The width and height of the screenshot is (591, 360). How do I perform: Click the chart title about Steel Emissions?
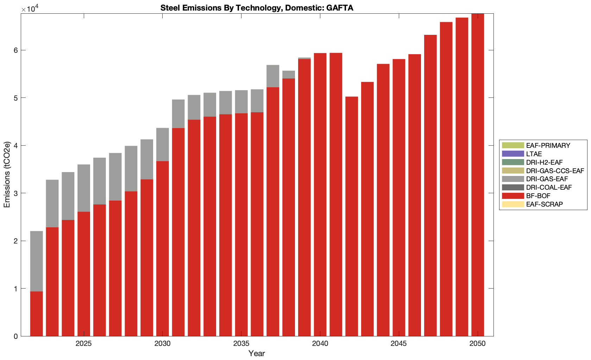(x=257, y=8)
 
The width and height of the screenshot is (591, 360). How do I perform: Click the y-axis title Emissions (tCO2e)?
(x=7, y=175)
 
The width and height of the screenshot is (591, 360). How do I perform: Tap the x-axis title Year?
(x=257, y=353)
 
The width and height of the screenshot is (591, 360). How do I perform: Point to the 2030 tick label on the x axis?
(x=162, y=343)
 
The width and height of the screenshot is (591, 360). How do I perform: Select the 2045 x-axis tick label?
(x=398, y=343)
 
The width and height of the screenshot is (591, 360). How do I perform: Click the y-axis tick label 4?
(x=15, y=145)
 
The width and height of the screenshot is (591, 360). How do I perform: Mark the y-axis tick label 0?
(x=15, y=336)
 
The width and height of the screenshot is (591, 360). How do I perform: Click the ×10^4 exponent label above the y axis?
(x=29, y=9)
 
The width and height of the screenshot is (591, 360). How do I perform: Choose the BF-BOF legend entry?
(x=538, y=196)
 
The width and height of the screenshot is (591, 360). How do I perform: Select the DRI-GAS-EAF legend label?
(x=547, y=179)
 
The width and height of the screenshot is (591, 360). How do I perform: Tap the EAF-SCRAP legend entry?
(x=544, y=204)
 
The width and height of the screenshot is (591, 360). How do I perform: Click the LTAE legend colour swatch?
(x=513, y=154)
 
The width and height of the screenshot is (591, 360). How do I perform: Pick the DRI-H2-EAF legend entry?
(x=544, y=162)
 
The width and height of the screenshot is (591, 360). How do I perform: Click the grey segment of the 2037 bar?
(x=273, y=76)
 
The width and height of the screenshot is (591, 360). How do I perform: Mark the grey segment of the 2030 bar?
(x=163, y=144)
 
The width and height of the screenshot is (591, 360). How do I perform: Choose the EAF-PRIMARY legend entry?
(x=548, y=145)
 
